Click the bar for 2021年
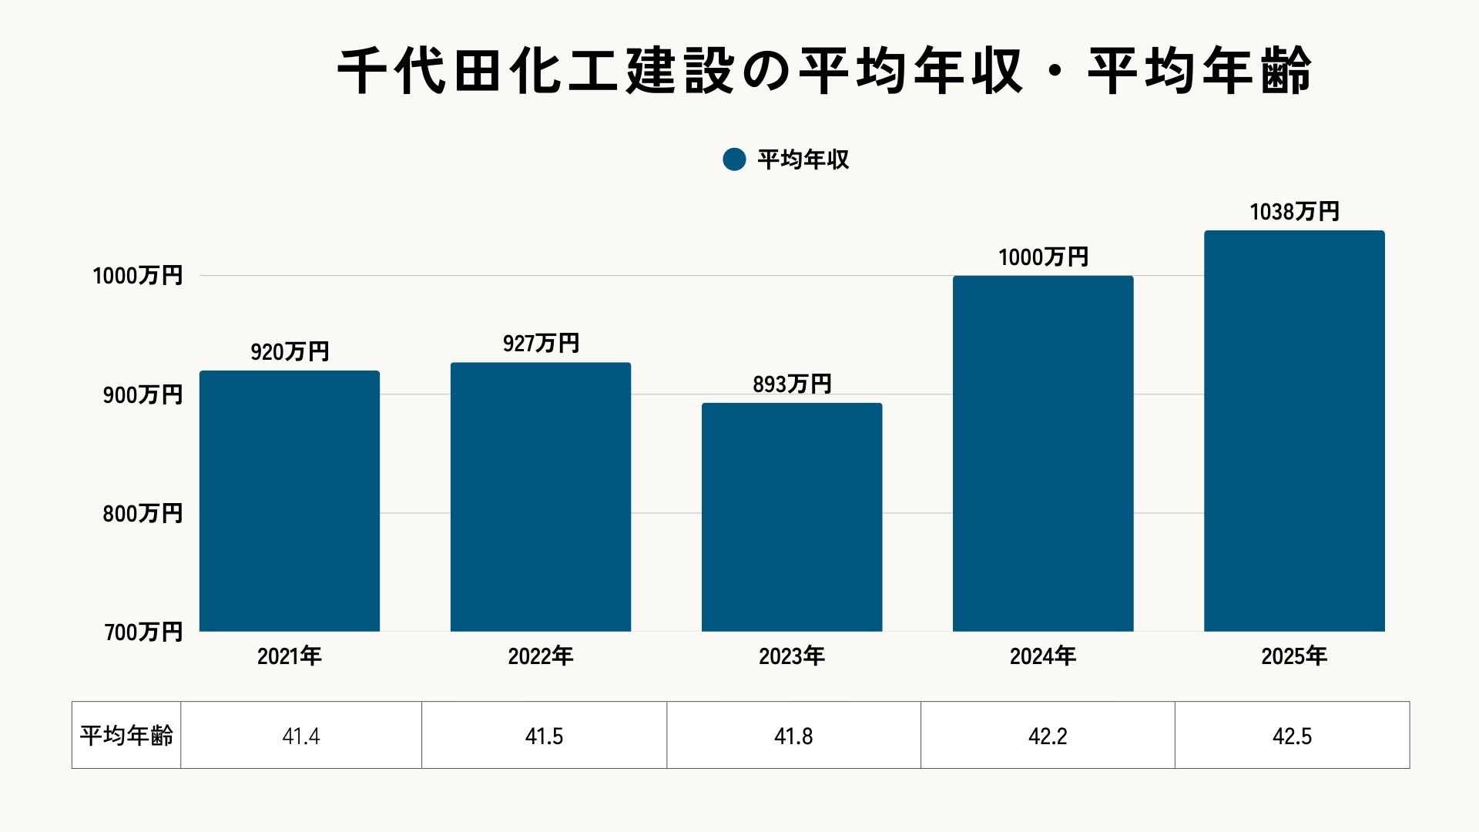[290, 501]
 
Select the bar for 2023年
[792, 517]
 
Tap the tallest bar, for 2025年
[1294, 431]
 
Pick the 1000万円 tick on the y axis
[138, 276]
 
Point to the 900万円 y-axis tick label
[143, 394]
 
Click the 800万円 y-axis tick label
[143, 513]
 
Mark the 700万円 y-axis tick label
[143, 632]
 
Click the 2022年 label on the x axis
[541, 656]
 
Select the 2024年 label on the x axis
[1043, 656]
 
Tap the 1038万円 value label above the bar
[1294, 212]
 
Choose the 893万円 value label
[792, 384]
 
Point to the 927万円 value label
[541, 344]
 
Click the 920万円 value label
[290, 352]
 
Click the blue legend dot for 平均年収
[734, 159]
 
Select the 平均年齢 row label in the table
[126, 736]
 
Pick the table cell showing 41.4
[301, 736]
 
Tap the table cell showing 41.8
[793, 736]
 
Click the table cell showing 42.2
[1048, 736]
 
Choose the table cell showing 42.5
[1292, 736]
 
